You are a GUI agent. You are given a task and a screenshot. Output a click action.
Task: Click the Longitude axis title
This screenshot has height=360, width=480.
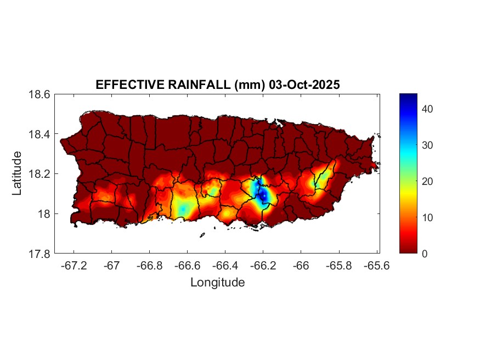pos(217,283)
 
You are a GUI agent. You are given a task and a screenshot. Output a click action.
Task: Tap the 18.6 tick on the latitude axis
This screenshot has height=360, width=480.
pos(39,94)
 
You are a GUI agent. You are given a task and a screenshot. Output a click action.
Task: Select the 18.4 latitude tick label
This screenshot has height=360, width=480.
pos(39,134)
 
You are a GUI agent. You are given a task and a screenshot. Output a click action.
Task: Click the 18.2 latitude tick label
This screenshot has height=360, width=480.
pos(39,174)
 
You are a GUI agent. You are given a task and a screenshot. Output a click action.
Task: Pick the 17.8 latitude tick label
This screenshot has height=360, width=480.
pos(39,254)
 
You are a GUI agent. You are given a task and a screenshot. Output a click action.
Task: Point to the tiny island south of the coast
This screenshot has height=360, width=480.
pos(202,235)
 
